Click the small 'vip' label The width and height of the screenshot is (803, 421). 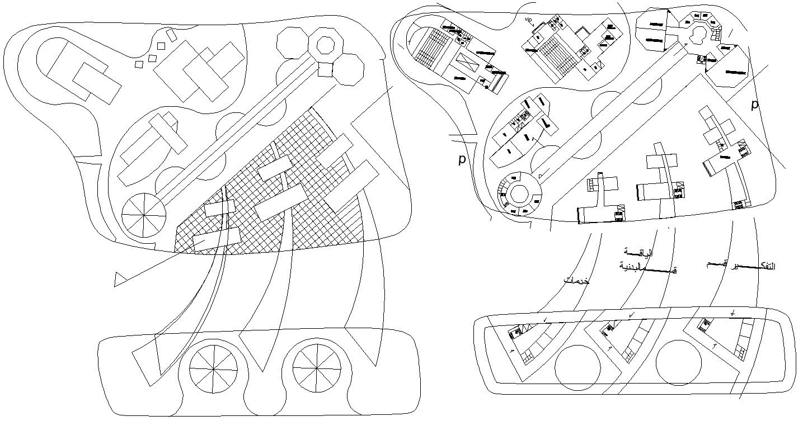[528, 20]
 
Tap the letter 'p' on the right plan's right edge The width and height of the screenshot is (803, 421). [754, 105]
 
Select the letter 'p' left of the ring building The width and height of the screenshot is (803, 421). [462, 159]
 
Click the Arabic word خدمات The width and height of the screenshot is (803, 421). [576, 281]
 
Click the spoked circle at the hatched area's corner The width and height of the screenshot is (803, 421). [144, 215]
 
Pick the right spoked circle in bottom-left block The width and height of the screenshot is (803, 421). [317, 367]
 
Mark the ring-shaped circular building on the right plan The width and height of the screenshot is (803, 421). [519, 194]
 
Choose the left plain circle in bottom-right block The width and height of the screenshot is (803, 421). [577, 367]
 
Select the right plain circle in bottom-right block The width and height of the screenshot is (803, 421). [678, 362]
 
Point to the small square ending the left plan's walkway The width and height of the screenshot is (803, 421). [325, 69]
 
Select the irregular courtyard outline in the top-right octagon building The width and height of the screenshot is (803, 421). [697, 34]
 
